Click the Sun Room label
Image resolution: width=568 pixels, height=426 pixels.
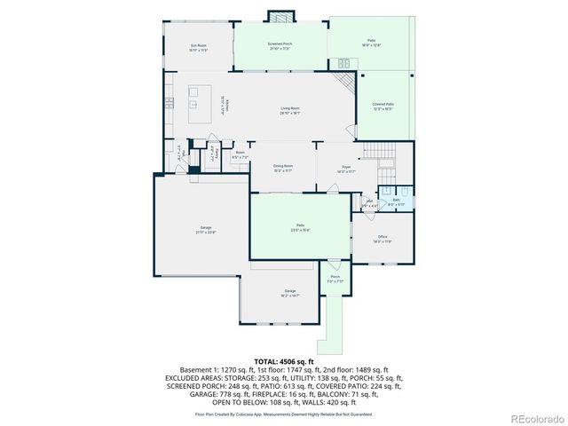click(x=197, y=47)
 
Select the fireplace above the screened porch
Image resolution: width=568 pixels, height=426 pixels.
click(x=280, y=18)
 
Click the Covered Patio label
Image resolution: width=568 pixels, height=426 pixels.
click(x=383, y=106)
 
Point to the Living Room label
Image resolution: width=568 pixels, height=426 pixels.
click(x=290, y=111)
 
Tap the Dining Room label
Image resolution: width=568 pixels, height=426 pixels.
click(x=283, y=168)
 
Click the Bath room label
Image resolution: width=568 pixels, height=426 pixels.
click(x=397, y=202)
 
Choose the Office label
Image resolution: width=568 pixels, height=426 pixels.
click(x=383, y=238)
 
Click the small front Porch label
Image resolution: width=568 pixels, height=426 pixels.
click(x=335, y=279)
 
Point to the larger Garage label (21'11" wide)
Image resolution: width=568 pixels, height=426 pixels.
click(x=206, y=230)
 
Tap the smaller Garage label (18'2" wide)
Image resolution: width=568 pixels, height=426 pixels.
click(x=289, y=293)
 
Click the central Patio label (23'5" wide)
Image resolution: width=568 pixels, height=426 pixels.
click(x=300, y=228)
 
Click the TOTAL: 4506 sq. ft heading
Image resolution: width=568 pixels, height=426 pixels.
click(x=283, y=362)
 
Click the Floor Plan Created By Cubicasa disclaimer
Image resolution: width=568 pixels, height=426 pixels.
click(x=283, y=414)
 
